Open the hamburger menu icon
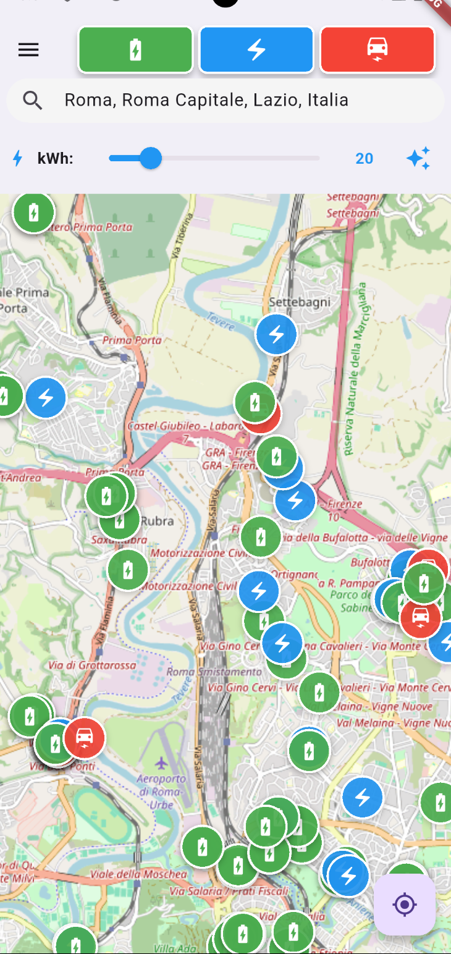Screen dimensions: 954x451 [x=28, y=50]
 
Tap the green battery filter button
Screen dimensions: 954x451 [x=135, y=50]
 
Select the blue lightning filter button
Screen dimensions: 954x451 [x=256, y=50]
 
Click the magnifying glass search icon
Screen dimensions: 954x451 [x=32, y=100]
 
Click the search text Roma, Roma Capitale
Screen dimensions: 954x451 [x=206, y=100]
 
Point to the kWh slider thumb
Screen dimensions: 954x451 [x=150, y=158]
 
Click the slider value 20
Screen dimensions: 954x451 [x=365, y=159]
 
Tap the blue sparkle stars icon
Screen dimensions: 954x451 [x=418, y=159]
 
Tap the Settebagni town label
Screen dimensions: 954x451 [x=300, y=302]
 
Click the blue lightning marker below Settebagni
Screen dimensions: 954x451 [x=277, y=334]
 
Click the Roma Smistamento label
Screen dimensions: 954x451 [x=214, y=672]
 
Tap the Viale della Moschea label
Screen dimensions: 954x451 [x=138, y=874]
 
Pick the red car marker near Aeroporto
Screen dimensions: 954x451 [x=85, y=737]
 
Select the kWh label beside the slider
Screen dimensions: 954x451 [x=55, y=159]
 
